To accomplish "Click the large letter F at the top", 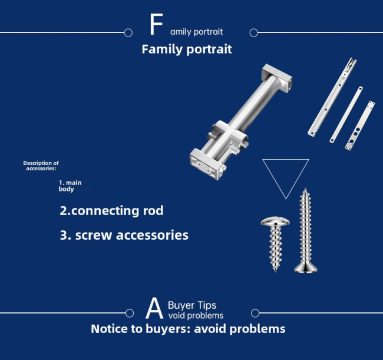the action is click(x=156, y=24).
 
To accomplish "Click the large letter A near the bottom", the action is click(x=154, y=308).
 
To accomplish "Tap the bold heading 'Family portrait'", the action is click(x=187, y=49).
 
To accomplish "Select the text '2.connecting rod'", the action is click(x=111, y=210).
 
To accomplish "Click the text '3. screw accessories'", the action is click(x=124, y=235).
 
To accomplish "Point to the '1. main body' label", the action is click(x=70, y=186).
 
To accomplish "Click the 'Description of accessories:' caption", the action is click(x=41, y=166).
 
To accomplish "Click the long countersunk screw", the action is click(x=305, y=231).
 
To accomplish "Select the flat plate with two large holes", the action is click(x=359, y=125).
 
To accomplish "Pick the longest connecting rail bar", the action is click(x=332, y=97).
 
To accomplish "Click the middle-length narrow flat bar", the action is click(x=346, y=114).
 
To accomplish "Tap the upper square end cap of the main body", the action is click(x=277, y=77).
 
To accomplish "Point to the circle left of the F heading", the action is click(x=128, y=33).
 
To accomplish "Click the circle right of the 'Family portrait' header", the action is click(x=254, y=33).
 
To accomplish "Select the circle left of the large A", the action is click(x=130, y=313).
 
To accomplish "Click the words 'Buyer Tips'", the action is click(x=192, y=305).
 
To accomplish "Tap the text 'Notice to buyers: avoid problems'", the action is click(x=188, y=329).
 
